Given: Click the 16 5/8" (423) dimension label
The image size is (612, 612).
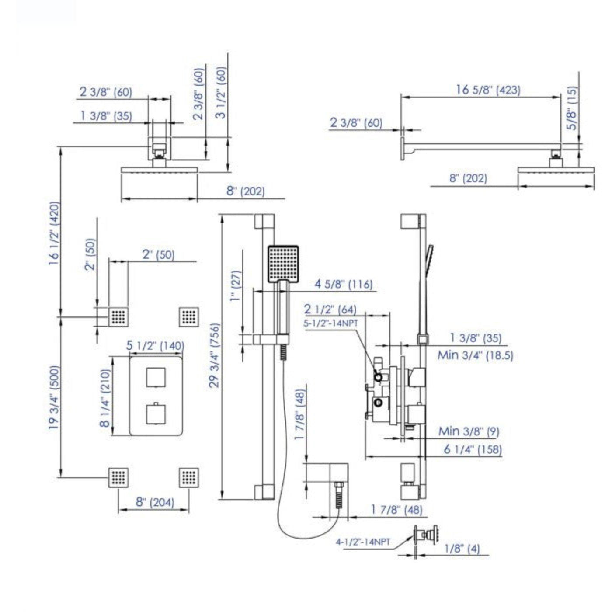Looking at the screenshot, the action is click(488, 90).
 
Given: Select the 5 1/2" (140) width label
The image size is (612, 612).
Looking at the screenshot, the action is click(155, 346).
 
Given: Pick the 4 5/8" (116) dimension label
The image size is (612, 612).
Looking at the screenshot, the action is click(343, 284).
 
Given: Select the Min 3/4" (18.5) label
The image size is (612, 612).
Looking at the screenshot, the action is click(476, 355).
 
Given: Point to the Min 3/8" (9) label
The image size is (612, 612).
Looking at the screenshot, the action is click(469, 431).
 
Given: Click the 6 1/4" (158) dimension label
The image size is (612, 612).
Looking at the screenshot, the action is click(473, 450).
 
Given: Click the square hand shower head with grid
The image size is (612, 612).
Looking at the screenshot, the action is click(283, 264).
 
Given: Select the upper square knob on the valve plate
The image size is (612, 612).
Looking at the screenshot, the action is click(156, 377).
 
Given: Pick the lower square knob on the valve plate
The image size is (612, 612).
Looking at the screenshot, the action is click(156, 414).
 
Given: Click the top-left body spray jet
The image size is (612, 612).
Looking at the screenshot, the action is click(118, 316).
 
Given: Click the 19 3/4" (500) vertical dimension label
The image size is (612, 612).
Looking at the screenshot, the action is click(54, 398).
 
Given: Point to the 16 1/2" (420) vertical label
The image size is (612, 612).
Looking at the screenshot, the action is click(54, 234).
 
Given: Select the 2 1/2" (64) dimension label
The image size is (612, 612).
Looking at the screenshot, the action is click(330, 309).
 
